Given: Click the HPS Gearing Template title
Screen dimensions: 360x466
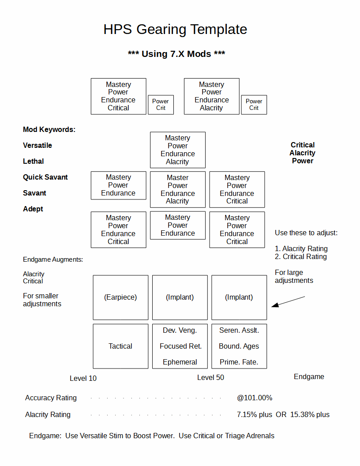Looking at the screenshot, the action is point(175,30).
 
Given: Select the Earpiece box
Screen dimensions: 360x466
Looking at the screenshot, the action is point(120,297).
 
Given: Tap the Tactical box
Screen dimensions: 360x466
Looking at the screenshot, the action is point(120,346).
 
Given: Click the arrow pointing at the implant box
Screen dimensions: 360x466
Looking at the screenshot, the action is point(288,301).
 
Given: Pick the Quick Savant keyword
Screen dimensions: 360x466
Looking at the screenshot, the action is point(45,177).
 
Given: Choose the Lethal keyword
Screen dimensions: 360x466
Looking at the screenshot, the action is point(33,161).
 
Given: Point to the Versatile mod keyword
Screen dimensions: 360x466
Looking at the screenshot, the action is point(37,145).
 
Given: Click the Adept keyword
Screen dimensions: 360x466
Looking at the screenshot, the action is point(33,209).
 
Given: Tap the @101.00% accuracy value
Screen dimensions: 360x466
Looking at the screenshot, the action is point(255,398).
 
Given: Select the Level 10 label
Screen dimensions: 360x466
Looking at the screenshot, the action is point(83,378).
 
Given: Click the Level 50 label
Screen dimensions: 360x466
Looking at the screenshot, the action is point(210,377).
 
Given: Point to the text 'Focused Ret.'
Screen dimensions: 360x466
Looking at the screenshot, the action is point(180,346).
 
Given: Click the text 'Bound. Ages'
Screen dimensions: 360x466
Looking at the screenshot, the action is point(239,346).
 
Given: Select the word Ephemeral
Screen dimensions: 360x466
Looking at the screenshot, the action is point(180,362).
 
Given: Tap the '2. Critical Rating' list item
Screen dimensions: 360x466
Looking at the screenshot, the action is point(300,256).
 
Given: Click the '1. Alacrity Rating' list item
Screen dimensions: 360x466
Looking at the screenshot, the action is point(301,248).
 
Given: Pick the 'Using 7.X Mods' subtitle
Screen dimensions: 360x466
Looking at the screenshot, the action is point(176,54).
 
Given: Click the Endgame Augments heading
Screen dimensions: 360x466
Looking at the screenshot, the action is point(53,259).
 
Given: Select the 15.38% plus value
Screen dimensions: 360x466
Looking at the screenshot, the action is point(310,414).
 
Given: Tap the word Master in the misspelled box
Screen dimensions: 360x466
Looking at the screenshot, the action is point(178,177).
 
